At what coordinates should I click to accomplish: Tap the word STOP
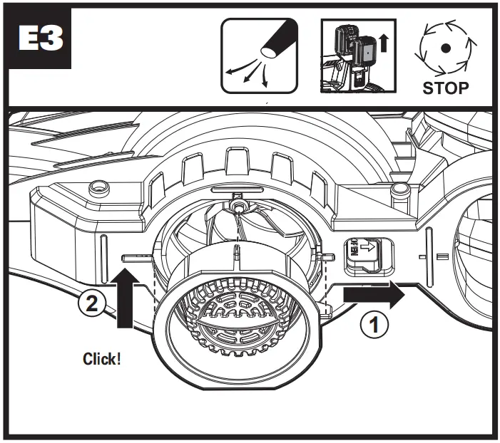click(x=445, y=88)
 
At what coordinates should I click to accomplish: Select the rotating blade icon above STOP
click(x=445, y=48)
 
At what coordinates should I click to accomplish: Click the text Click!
click(x=102, y=358)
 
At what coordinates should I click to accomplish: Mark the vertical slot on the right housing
click(x=429, y=250)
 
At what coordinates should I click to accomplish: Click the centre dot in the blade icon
click(x=445, y=48)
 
